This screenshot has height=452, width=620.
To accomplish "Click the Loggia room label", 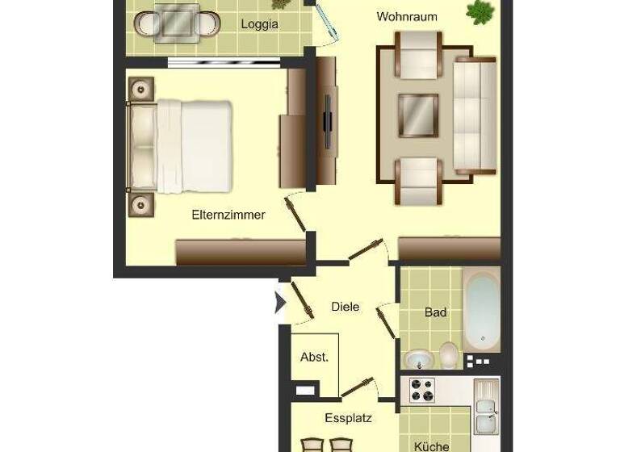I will (x=259, y=24).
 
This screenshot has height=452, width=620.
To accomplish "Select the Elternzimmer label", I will (x=228, y=216).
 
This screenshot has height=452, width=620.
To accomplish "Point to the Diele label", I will (x=346, y=307).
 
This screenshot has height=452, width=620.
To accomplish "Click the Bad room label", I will (x=435, y=312).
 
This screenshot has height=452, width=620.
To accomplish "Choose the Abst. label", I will (x=314, y=357).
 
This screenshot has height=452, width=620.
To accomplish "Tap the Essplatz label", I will (x=348, y=418).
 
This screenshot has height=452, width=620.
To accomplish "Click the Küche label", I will (x=432, y=446).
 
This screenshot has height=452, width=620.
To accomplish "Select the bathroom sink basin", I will (x=419, y=359).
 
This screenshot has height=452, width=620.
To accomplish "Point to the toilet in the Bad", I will (x=449, y=355).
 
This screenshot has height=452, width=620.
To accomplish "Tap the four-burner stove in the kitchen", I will (x=422, y=390).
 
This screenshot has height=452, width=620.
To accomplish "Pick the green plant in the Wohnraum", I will (x=480, y=11).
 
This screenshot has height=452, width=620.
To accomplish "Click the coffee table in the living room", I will (x=418, y=115).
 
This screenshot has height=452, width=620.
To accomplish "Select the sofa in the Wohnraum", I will (x=475, y=116).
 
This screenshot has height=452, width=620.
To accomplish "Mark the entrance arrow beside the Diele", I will (x=281, y=303).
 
